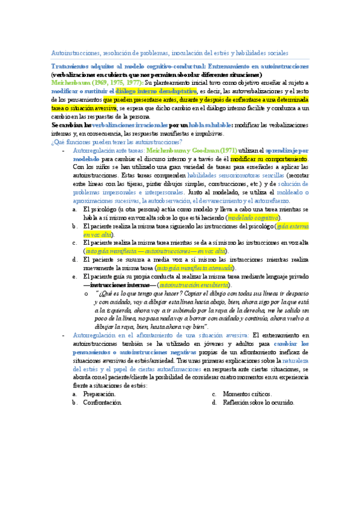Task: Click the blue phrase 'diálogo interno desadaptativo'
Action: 143,91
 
